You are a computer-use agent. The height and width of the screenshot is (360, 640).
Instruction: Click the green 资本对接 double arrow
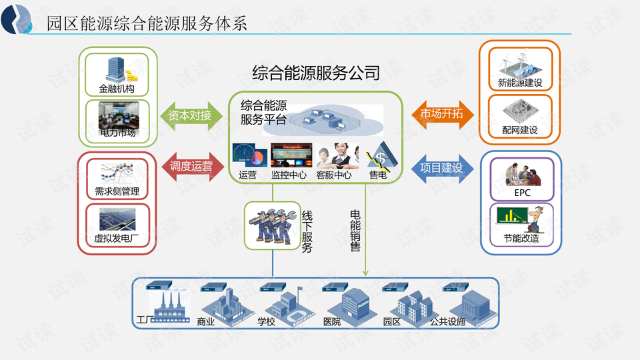[191, 116]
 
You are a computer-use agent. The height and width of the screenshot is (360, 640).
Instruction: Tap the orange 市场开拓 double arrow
[443, 115]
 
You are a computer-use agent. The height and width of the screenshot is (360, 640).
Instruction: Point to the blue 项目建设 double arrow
[443, 169]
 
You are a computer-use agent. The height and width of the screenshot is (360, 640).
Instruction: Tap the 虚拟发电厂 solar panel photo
[117, 219]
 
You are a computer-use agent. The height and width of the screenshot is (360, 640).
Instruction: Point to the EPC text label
[522, 193]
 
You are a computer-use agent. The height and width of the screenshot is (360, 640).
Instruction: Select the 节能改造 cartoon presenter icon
[521, 219]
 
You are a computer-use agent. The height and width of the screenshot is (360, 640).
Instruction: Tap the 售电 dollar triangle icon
[381, 157]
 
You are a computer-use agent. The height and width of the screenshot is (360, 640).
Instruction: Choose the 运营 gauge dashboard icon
[250, 155]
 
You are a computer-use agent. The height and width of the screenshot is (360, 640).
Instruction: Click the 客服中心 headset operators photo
[337, 156]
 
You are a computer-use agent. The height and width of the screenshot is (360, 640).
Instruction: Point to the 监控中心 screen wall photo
[291, 155]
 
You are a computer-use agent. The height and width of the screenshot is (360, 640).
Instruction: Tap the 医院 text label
[332, 322]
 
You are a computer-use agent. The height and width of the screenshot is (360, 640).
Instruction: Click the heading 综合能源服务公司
[316, 73]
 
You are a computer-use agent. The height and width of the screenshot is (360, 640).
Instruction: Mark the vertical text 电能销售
[355, 231]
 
